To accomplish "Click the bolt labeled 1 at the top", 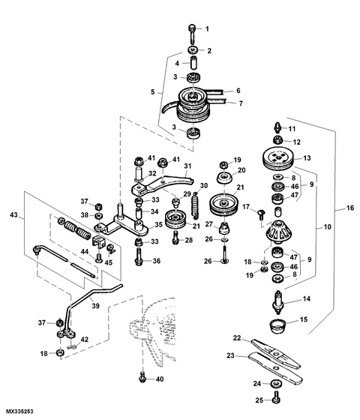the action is coord(193,34).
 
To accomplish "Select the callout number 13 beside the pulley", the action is coord(307,157).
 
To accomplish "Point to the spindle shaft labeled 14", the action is coord(278,302).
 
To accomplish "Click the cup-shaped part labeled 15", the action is coord(277,326).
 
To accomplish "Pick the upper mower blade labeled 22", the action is coord(276,354).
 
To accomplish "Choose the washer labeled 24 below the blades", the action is coord(276,383).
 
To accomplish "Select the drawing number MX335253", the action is coord(19,411).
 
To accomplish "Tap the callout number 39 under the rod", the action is coord(96,306).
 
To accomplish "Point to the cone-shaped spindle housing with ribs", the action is coord(277,231).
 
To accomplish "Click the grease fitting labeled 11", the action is coord(277,127).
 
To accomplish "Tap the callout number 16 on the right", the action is coord(350,208).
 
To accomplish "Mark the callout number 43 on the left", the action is coord(14,214).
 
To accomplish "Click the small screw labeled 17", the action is coord(261,214).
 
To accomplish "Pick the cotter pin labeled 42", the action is coord(72,346).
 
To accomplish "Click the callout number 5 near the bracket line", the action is coord(153,91).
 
